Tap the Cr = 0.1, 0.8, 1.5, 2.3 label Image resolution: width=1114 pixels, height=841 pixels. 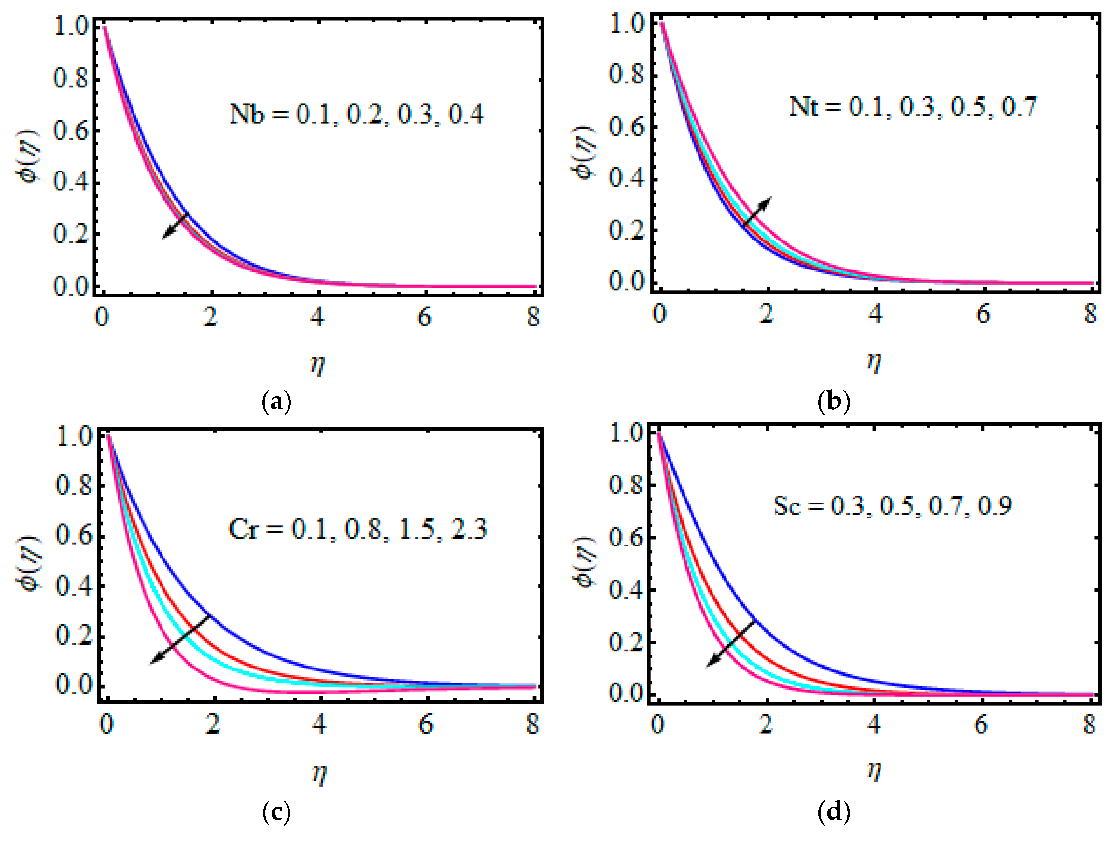[x=358, y=529]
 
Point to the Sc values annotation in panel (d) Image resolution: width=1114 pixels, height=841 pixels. [x=893, y=506]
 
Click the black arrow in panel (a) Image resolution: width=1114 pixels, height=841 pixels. [x=175, y=226]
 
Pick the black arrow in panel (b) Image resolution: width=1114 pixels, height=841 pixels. [x=757, y=211]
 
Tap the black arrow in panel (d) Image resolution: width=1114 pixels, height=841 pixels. [x=731, y=643]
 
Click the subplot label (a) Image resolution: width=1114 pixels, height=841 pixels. [x=276, y=403]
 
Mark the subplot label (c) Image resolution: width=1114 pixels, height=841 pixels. [x=276, y=812]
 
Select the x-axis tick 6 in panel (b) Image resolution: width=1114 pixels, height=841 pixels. [x=982, y=314]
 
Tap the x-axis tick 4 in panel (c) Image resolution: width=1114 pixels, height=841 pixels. [x=319, y=725]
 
